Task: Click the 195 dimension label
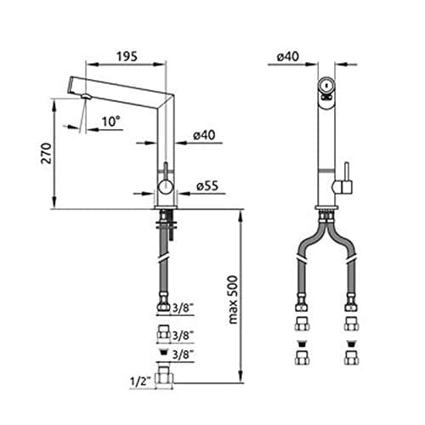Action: click(127, 57)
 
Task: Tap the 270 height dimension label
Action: click(47, 153)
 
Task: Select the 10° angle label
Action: click(110, 122)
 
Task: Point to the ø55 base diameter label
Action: click(207, 186)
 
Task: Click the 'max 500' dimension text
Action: click(233, 300)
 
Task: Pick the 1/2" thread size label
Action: click(139, 381)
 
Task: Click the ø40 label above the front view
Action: click(287, 57)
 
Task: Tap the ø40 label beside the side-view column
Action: click(204, 135)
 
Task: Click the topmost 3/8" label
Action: click(183, 308)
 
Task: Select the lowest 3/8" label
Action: click(183, 354)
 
